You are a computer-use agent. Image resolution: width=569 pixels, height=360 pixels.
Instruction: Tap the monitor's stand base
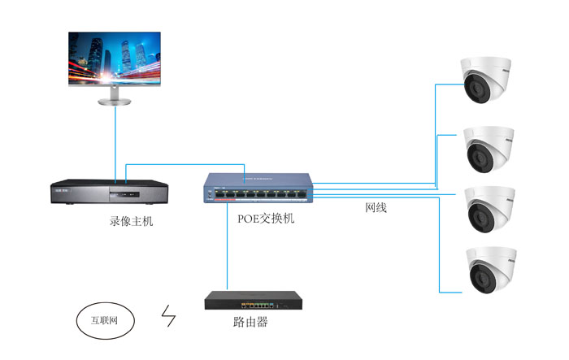click(115, 102)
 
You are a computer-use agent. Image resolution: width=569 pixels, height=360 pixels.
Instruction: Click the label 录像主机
click(131, 221)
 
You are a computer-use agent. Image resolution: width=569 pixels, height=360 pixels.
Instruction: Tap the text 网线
click(376, 208)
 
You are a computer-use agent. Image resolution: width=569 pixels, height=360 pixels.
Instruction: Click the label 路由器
click(250, 323)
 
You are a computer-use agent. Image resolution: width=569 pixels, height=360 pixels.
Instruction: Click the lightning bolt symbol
click(170, 316)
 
